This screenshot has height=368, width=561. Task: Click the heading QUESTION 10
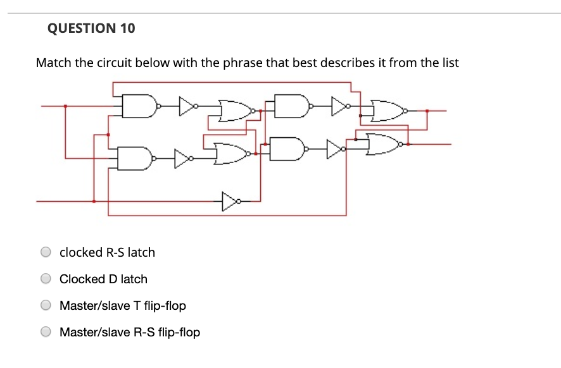[x=91, y=28]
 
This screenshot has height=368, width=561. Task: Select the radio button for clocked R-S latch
[x=46, y=252]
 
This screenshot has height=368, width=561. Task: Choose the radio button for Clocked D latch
[x=46, y=279]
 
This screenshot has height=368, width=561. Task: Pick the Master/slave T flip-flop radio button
[x=46, y=306]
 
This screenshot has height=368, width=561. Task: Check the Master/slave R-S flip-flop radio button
[x=46, y=332]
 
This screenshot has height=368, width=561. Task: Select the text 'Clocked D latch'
[x=103, y=279]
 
